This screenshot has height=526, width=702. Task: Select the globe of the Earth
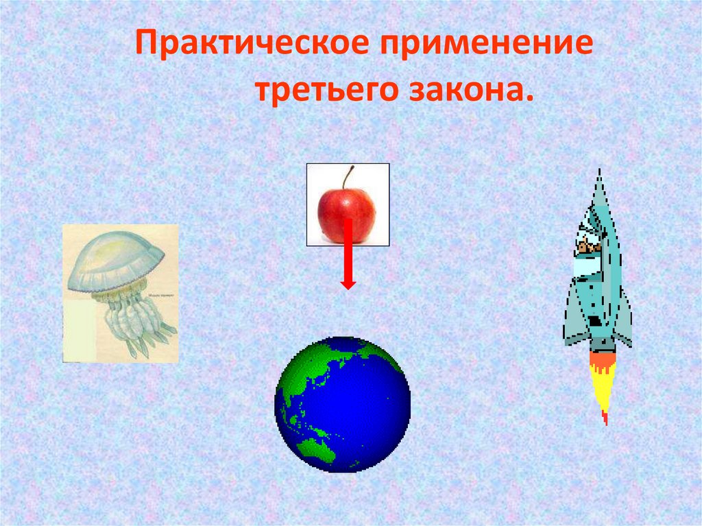pos(342,404)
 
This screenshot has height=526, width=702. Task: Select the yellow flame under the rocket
pos(601,387)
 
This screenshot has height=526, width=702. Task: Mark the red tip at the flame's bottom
pos(605,418)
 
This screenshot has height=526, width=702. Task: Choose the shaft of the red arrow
pos(348,247)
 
